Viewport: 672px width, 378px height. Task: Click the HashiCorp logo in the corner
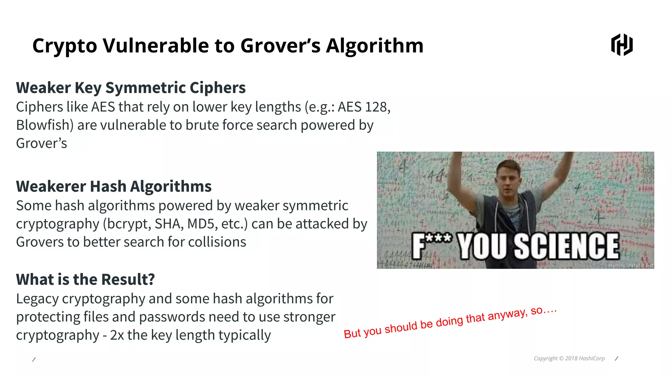tap(622, 45)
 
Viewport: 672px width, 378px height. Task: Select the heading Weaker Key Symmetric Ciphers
tap(131, 88)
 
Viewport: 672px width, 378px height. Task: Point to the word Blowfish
tap(43, 125)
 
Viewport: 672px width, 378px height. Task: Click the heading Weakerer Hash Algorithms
tap(114, 186)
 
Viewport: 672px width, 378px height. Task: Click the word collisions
tap(217, 242)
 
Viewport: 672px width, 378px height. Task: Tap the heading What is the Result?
tap(85, 280)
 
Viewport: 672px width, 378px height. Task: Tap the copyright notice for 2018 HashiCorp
tap(569, 358)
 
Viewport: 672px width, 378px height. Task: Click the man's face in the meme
tap(508, 179)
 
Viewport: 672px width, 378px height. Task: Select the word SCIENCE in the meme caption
tap(566, 246)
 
